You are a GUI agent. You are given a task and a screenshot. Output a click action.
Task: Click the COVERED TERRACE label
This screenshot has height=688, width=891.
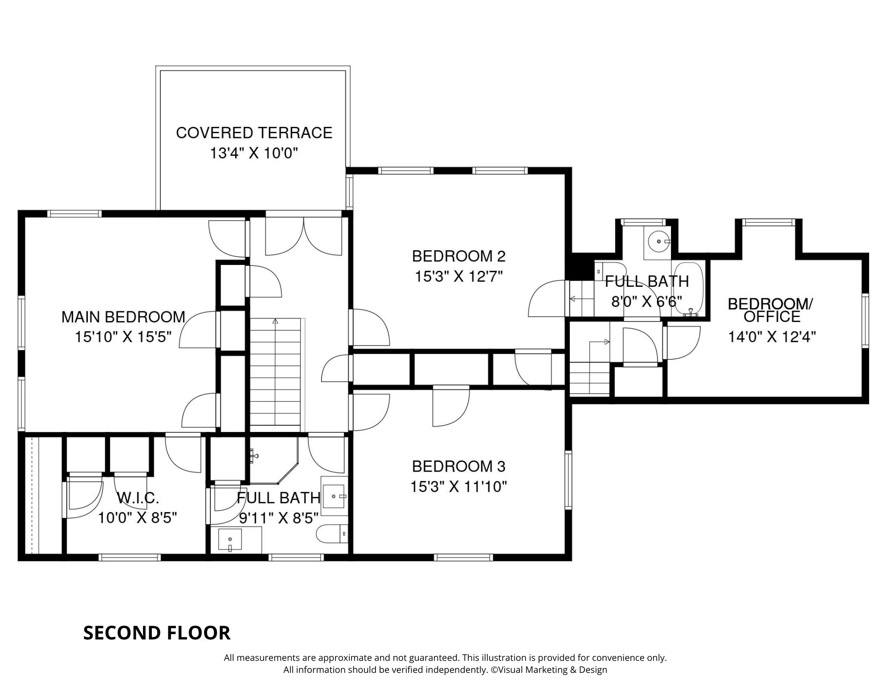click(x=254, y=133)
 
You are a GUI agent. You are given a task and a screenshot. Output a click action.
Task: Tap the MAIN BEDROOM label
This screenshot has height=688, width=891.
click(x=123, y=317)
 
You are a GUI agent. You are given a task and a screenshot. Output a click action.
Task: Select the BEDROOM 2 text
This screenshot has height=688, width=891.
click(x=459, y=256)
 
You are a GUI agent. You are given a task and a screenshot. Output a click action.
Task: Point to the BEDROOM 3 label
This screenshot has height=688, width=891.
click(x=459, y=466)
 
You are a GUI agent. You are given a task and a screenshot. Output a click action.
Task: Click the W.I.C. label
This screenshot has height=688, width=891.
click(x=137, y=498)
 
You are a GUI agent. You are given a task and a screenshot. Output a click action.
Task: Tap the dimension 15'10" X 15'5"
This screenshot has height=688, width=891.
click(x=123, y=337)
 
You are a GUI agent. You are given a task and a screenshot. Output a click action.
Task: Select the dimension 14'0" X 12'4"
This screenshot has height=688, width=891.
click(x=772, y=337)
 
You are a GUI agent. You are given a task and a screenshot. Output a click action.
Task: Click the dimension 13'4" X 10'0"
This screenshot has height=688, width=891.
click(x=254, y=153)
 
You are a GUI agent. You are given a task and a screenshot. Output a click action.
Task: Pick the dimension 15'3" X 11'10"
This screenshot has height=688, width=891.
click(x=459, y=486)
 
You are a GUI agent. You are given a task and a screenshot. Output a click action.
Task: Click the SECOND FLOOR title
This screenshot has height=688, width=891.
click(x=157, y=633)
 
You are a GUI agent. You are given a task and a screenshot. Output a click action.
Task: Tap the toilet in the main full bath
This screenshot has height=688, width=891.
click(x=332, y=533)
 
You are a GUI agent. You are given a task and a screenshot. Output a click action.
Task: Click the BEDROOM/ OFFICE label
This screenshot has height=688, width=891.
click(x=770, y=310)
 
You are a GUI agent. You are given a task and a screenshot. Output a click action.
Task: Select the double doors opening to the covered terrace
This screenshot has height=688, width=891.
click(x=304, y=236)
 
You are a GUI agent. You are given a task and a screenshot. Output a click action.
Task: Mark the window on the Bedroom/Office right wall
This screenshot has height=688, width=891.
click(x=865, y=320)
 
